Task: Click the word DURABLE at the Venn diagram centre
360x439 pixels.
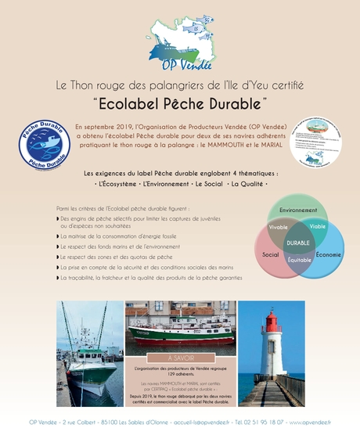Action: pyautogui.click(x=298, y=243)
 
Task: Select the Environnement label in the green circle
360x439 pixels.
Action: pyautogui.click(x=298, y=210)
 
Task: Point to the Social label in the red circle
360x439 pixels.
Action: pyautogui.click(x=271, y=255)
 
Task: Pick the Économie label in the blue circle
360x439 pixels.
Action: pyautogui.click(x=329, y=255)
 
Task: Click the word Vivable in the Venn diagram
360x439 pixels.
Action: pyautogui.click(x=279, y=227)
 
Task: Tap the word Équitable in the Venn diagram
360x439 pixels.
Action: pyautogui.click(x=299, y=259)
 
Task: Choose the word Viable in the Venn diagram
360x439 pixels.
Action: pyautogui.click(x=318, y=225)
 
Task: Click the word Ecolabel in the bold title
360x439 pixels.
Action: pyautogui.click(x=131, y=103)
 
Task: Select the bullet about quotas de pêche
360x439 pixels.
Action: pyautogui.click(x=117, y=257)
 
